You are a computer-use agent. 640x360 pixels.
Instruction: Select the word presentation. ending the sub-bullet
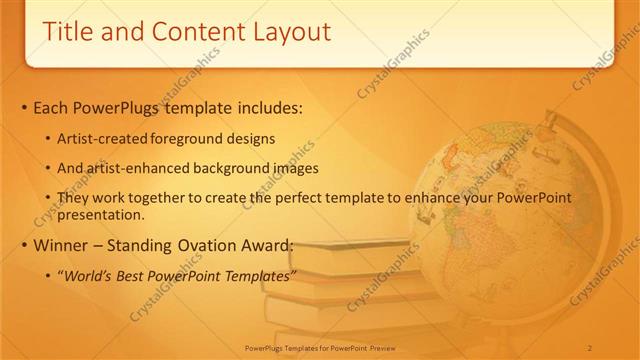(x=104, y=214)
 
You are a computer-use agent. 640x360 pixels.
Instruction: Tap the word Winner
(x=62, y=246)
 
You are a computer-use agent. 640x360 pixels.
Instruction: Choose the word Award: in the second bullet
(x=269, y=246)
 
